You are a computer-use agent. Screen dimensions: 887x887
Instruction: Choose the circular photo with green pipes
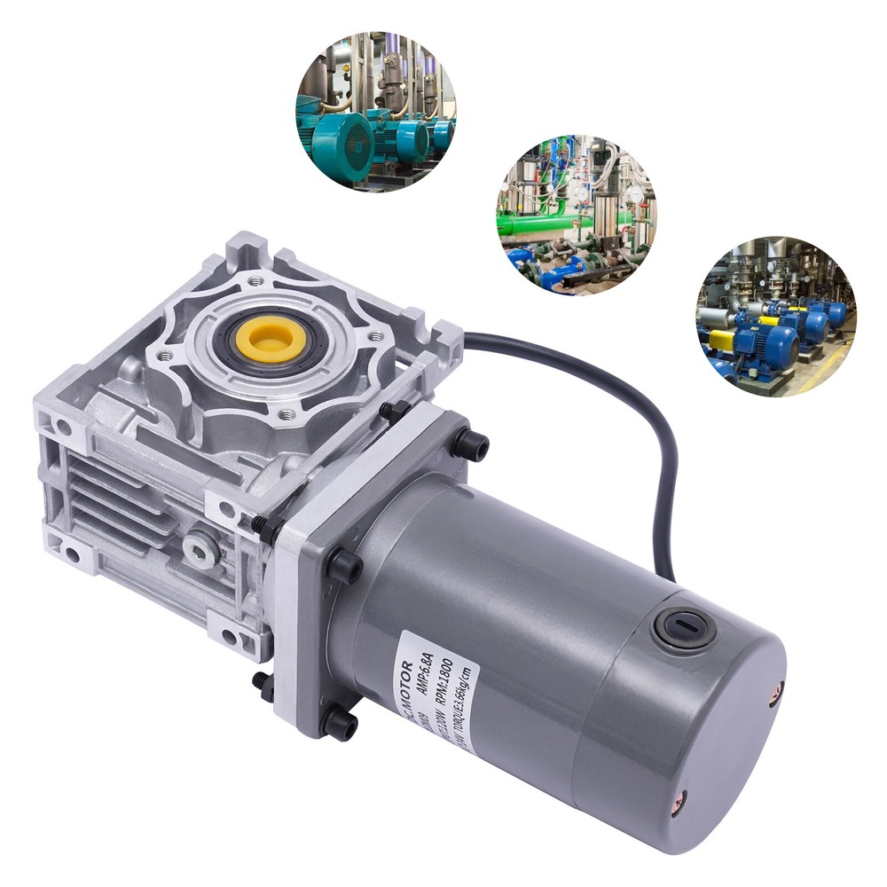576,215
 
